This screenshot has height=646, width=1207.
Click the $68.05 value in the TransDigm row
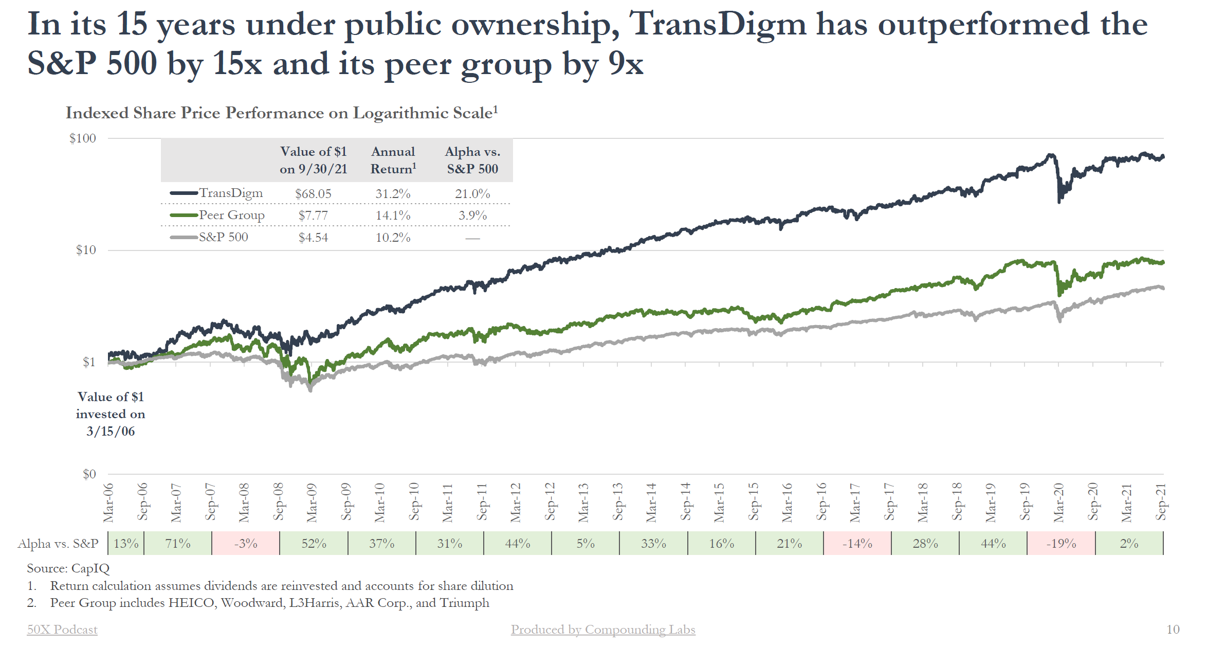[x=313, y=194]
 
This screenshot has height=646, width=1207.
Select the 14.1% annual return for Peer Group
[x=393, y=216]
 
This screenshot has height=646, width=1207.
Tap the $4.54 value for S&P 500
[x=313, y=238]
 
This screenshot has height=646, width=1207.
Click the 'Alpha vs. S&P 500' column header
[x=472, y=160]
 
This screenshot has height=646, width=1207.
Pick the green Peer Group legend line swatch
[x=184, y=215]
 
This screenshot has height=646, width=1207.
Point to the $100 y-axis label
[x=83, y=138]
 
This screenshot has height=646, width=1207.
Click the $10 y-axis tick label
[x=86, y=250]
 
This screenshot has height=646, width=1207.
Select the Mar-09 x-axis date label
[x=312, y=503]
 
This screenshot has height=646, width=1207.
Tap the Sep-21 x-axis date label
[x=1161, y=503]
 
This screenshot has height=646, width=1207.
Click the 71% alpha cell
[x=178, y=544]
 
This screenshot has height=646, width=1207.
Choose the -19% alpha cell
[x=1061, y=544]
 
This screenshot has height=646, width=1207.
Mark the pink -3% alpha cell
[x=246, y=544]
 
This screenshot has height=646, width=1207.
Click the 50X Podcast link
[x=62, y=630]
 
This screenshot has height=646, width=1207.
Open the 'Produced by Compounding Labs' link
[x=602, y=630]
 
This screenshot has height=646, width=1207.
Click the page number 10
[x=1173, y=630]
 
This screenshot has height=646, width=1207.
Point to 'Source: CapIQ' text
[x=68, y=568]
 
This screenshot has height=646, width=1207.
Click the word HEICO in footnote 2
[x=192, y=603]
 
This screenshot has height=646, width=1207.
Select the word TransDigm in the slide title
[x=718, y=24]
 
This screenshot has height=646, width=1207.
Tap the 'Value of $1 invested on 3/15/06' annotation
[x=111, y=414]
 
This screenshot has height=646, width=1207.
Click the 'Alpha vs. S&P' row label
[x=58, y=544]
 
